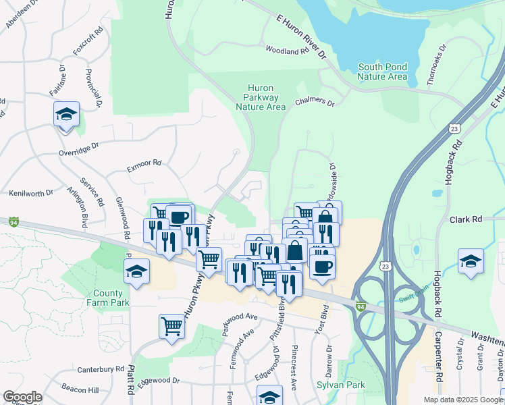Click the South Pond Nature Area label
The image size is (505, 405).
click(382, 72)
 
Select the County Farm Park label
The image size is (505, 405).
click(108, 298)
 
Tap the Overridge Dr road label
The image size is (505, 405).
click(78, 147)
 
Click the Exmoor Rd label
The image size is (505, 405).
click(142, 163)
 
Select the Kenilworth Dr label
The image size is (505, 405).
click(31, 193)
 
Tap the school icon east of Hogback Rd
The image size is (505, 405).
click(471, 261)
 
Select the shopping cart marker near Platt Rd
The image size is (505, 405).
click(172, 327)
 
